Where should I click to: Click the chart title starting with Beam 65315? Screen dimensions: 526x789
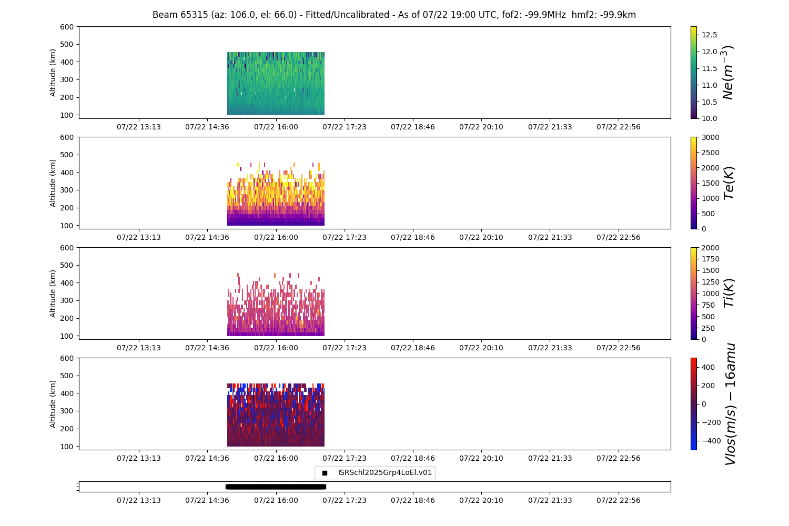pyautogui.click(x=394, y=15)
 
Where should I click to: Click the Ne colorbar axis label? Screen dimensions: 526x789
pyautogui.click(x=727, y=73)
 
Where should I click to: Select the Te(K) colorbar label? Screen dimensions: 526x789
pyautogui.click(x=729, y=183)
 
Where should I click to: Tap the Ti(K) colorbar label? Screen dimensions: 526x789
pyautogui.click(x=729, y=294)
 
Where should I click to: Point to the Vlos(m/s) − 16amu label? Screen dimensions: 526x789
pyautogui.click(x=730, y=404)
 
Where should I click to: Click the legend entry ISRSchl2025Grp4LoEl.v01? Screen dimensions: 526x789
pyautogui.click(x=385, y=473)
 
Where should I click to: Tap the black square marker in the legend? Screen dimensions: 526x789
pyautogui.click(x=325, y=473)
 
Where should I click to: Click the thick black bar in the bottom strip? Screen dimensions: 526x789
pyautogui.click(x=276, y=487)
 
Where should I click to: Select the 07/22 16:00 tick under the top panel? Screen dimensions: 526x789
pyautogui.click(x=276, y=127)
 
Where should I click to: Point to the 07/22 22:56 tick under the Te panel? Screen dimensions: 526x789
pyautogui.click(x=618, y=237)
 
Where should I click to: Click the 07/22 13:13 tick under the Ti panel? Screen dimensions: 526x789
pyautogui.click(x=139, y=348)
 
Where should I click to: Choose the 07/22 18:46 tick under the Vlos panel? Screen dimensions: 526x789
pyautogui.click(x=413, y=458)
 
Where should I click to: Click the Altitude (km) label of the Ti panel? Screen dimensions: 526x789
pyautogui.click(x=53, y=293)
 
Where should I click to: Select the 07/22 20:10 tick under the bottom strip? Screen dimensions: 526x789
pyautogui.click(x=481, y=500)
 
